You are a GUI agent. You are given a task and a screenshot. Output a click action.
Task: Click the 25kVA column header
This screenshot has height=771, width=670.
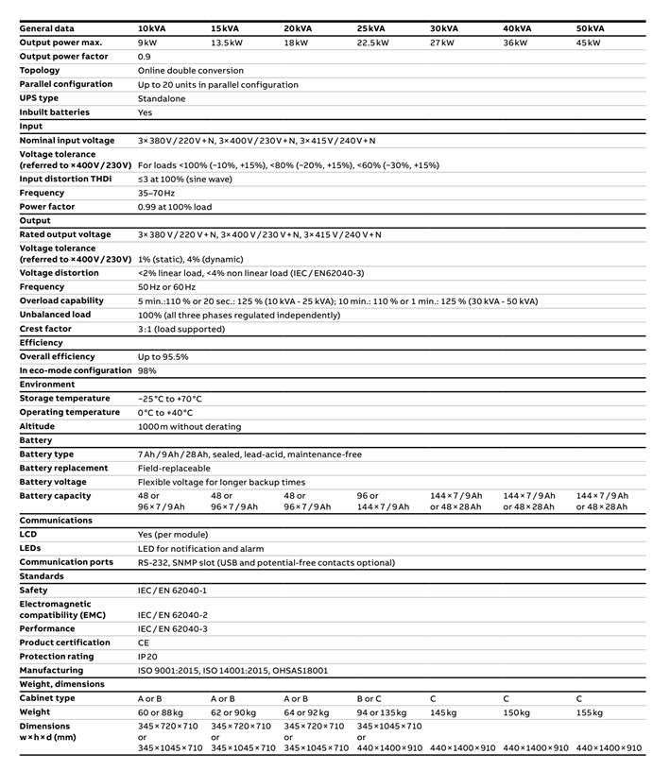pos(371,28)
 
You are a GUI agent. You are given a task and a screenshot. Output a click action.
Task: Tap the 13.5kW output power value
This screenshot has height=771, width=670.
pos(228,43)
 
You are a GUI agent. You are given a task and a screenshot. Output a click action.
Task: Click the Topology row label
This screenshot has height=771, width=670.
pos(40,70)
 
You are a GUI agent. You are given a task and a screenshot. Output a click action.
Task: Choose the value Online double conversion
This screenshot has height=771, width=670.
pos(190,70)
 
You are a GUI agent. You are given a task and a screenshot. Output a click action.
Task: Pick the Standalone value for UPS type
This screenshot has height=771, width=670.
pos(162,98)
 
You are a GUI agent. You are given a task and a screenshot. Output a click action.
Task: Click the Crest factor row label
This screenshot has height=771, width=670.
pos(45,329)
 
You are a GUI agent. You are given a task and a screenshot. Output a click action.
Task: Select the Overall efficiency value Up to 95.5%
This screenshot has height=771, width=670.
pos(163,357)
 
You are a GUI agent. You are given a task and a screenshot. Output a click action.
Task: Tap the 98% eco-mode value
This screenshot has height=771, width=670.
pos(147,370)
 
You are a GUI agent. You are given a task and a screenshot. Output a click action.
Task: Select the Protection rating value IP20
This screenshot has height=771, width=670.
pos(149,657)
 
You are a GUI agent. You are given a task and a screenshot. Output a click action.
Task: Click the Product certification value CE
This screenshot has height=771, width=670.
pos(144,642)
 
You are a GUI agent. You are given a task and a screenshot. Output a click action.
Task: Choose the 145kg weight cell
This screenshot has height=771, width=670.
pos(443,711)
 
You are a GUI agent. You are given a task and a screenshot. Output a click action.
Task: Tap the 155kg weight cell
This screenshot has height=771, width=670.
pos(591,711)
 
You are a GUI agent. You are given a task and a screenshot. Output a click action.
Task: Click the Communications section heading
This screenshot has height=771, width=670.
pos(56,520)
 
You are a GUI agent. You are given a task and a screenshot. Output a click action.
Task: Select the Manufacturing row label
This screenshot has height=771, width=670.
pos(52,670)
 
